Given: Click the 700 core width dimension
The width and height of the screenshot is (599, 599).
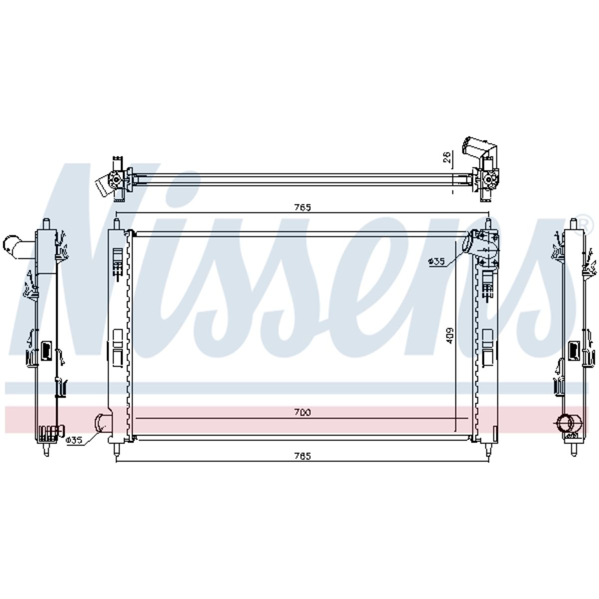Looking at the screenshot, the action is [302, 412].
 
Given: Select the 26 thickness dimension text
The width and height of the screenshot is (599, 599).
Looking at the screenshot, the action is [446, 157].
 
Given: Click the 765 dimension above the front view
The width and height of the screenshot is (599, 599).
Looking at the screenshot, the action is [302, 207].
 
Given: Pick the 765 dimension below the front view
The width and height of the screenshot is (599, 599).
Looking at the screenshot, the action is [302, 456].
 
